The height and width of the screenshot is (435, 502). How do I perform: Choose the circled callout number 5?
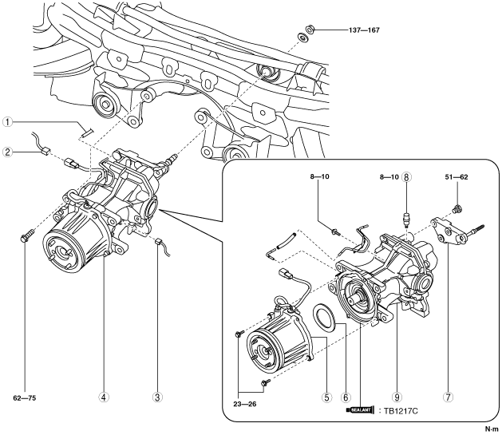[x=324, y=394]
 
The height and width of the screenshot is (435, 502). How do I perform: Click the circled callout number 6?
[x=346, y=394]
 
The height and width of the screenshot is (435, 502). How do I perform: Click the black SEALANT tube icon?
[x=362, y=411]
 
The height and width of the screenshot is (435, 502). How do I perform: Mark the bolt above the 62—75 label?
[x=26, y=236]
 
